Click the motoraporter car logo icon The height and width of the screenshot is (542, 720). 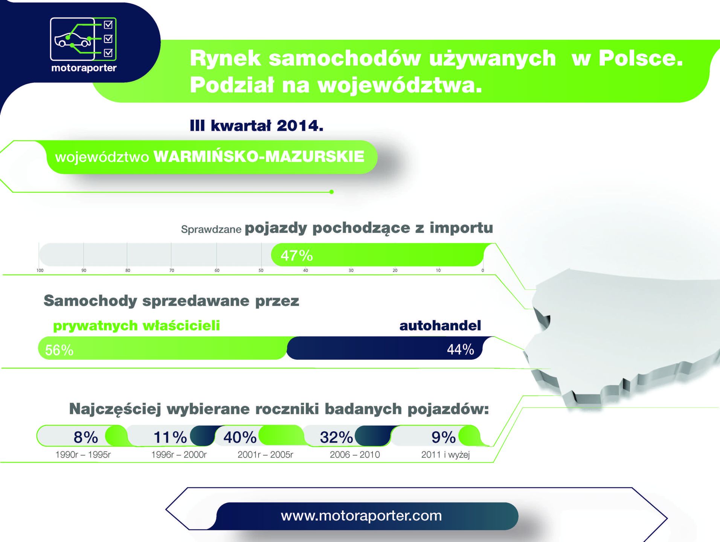click(x=83, y=39)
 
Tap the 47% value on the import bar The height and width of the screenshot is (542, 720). click(x=297, y=256)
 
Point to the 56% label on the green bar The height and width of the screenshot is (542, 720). click(x=59, y=350)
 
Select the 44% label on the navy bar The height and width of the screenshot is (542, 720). click(x=460, y=349)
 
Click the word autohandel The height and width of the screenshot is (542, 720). click(x=440, y=326)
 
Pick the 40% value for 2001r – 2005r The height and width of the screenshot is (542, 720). click(x=240, y=437)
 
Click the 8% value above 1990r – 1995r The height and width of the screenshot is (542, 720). click(x=86, y=437)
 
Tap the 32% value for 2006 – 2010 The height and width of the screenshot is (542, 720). click(x=336, y=437)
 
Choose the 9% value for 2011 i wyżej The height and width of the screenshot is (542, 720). click(x=444, y=437)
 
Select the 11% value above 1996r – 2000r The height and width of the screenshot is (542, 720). click(x=170, y=437)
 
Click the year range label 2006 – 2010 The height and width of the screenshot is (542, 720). click(x=355, y=455)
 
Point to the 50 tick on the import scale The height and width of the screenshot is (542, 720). click(x=261, y=270)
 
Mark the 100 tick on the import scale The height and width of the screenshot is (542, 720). click(x=40, y=270)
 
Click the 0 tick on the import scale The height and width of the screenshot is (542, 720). click(x=482, y=270)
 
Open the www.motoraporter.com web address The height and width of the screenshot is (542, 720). click(x=362, y=516)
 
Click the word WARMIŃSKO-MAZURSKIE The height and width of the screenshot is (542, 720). click(x=259, y=157)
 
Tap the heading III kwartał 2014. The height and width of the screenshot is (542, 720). click(x=256, y=126)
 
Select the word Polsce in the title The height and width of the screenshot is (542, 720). click(x=641, y=58)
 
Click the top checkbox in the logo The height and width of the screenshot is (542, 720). click(x=108, y=25)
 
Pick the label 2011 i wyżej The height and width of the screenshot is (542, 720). click(x=445, y=455)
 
